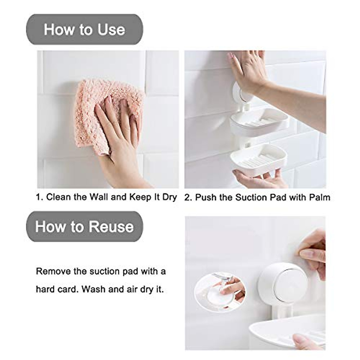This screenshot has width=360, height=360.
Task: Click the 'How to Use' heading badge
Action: [x=85, y=29]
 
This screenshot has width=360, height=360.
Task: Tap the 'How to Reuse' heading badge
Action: [x=85, y=226]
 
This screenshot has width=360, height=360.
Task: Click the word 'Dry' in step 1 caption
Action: [x=169, y=197]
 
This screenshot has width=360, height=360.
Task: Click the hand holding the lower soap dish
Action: [x=258, y=178]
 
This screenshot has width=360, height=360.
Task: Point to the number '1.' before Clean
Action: [x=40, y=197]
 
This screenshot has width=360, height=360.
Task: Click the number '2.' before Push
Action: [x=188, y=197]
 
